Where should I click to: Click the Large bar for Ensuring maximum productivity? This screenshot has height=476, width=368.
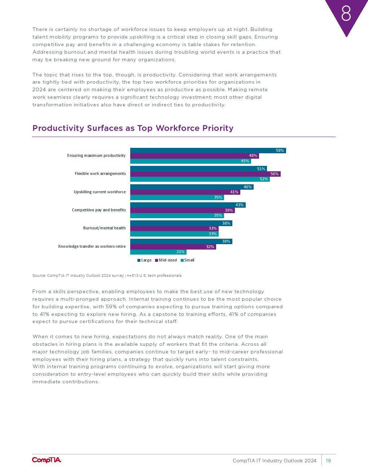coord(208,150)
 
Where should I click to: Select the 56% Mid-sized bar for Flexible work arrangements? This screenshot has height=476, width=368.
coord(205,174)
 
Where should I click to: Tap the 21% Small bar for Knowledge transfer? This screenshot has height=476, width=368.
coord(158,252)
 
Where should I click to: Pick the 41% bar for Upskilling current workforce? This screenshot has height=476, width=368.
coord(185,192)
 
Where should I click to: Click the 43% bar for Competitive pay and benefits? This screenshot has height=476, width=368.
coord(188,205)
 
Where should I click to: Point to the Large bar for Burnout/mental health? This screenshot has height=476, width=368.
coord(181,223)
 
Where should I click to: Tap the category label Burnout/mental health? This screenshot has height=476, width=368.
coord(104,228)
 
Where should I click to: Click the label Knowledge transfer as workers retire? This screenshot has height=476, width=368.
coord(92,247)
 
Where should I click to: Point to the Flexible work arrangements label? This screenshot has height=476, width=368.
coord(100,174)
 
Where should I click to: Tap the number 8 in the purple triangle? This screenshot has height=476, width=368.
coord(346,14)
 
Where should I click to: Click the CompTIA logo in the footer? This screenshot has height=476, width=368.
coord(47,460)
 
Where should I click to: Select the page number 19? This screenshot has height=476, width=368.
coord(328,460)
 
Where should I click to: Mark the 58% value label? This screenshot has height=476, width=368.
coord(280,151)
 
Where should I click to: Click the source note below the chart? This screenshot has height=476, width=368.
coord(107,276)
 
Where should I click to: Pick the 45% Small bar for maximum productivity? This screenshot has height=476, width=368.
coord(190,161)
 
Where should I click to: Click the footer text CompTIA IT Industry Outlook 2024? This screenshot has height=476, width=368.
coord(274,460)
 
